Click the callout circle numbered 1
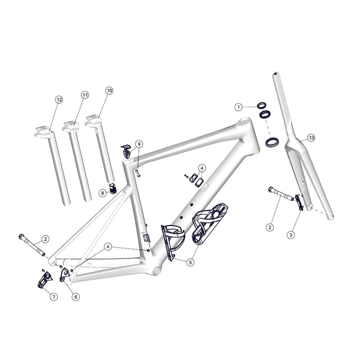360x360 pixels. (238, 107)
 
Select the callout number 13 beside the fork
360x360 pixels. (311, 138)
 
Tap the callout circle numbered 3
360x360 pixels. (291, 234)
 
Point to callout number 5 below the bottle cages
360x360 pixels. (190, 261)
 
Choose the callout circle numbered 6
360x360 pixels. (76, 296)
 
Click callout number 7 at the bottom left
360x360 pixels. (54, 296)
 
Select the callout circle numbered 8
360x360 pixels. (102, 192)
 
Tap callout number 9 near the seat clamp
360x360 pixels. (139, 143)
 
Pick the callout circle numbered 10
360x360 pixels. (109, 90)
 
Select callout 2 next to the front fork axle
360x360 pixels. (270, 227)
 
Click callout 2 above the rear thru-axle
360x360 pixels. (45, 239)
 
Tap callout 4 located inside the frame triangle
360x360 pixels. (201, 168)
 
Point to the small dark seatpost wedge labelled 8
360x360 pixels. (112, 191)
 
